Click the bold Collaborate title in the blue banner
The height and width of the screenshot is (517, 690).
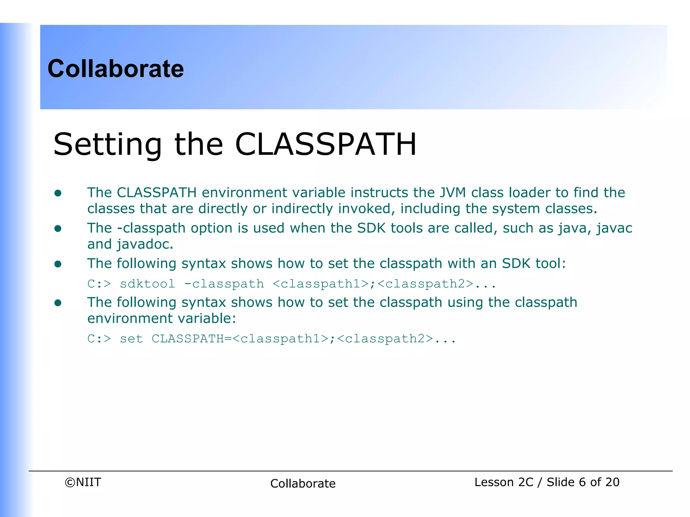tap(116, 69)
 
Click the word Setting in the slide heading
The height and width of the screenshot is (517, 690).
tap(107, 145)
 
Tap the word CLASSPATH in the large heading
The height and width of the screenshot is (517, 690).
tap(325, 145)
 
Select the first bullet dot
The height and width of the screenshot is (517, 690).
tap(58, 193)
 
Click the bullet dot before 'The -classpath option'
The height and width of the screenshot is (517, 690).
tap(58, 229)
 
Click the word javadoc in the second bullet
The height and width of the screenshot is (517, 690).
tap(145, 244)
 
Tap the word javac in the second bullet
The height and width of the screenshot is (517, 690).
tap(614, 228)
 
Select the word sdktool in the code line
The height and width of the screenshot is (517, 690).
tap(147, 284)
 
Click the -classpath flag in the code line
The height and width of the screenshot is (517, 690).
tap(224, 284)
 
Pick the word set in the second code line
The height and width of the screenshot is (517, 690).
tap(131, 339)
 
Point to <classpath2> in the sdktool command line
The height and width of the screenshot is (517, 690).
tap(426, 284)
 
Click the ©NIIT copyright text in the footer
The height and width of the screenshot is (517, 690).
tap(83, 482)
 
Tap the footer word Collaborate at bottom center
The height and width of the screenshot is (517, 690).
tap(303, 483)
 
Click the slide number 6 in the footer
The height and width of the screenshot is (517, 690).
tap(582, 482)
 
